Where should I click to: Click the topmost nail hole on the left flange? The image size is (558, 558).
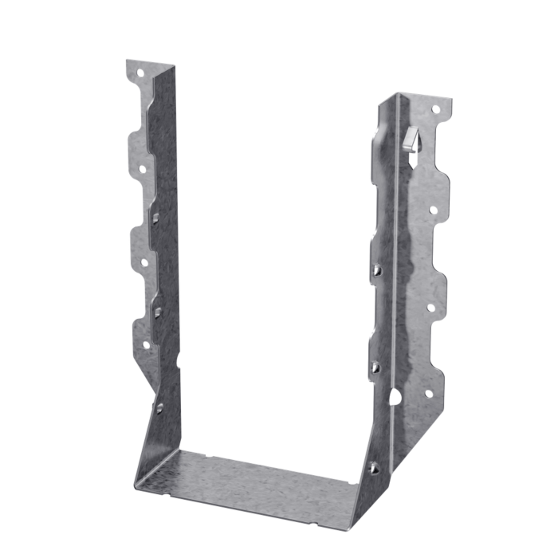(x=140, y=73)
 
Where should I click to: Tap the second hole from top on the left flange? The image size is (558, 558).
(x=143, y=168)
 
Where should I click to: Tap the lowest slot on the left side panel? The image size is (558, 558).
(x=159, y=407)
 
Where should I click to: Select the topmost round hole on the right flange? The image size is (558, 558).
(x=435, y=109)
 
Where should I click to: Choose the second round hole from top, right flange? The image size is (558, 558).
(x=434, y=210)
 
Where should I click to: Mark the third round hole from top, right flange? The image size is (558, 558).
(x=430, y=306)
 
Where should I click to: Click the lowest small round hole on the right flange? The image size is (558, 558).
(x=428, y=392)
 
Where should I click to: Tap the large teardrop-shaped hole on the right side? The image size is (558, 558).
(x=395, y=396)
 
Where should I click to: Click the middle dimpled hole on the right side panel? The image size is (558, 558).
(x=375, y=367)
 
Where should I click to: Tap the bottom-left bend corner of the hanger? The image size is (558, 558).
(x=137, y=482)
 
